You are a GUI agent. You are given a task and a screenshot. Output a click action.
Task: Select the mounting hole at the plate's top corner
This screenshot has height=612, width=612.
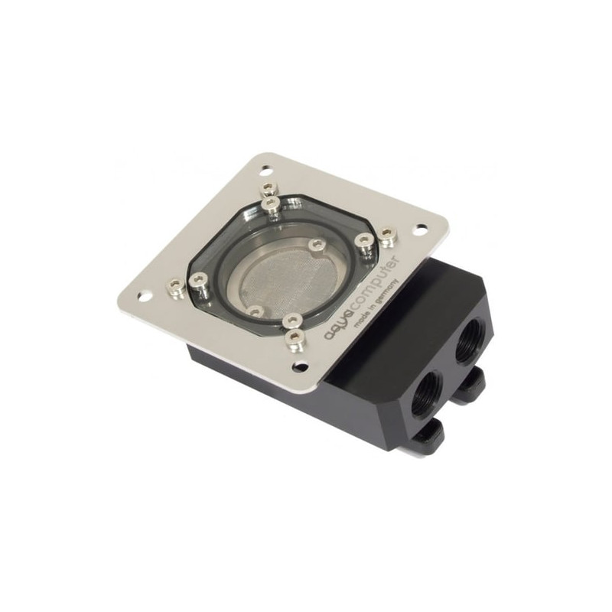click(x=265, y=170)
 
